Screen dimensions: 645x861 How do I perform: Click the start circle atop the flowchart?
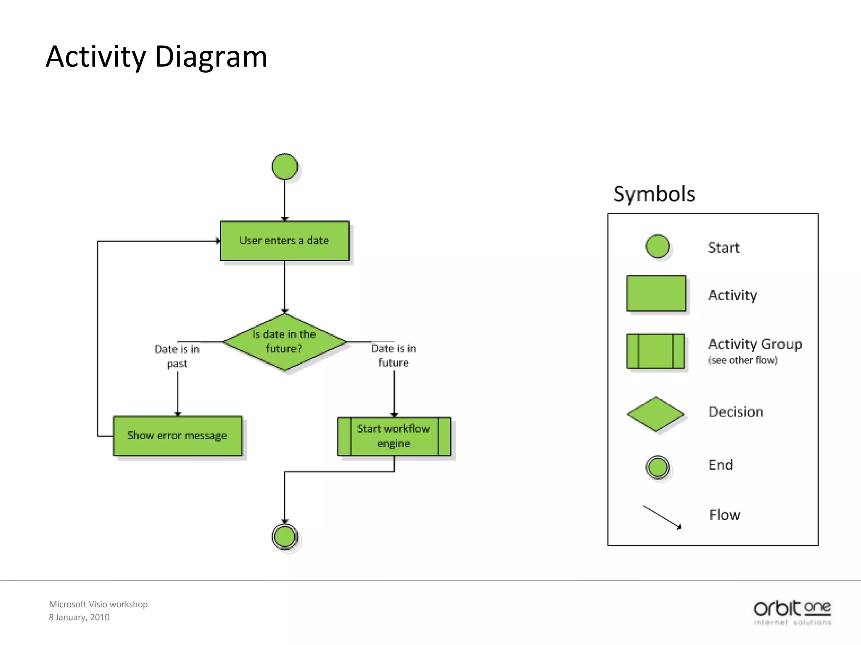tap(285, 167)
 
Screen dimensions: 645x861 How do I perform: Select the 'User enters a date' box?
tap(285, 241)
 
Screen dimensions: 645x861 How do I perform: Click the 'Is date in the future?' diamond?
tap(285, 342)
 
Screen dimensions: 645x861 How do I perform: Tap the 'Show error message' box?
tap(177, 436)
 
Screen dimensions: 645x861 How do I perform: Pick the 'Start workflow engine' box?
tap(394, 436)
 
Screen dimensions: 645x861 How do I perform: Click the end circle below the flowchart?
tap(285, 537)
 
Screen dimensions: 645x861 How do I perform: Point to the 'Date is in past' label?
tap(177, 356)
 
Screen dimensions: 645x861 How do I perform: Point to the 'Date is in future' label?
tap(394, 355)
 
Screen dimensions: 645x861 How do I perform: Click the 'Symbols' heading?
tap(654, 194)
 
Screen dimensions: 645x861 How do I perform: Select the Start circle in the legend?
tap(657, 246)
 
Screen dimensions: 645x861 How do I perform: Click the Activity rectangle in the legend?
tap(656, 293)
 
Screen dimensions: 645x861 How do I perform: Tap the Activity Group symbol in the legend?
tap(655, 351)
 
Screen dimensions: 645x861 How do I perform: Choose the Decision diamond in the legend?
tap(655, 414)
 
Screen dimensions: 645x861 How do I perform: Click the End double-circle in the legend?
tap(657, 467)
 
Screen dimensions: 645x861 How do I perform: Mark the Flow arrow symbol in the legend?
tap(662, 517)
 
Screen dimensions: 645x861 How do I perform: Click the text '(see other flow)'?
tap(743, 360)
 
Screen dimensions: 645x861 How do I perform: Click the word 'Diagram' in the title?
tap(211, 57)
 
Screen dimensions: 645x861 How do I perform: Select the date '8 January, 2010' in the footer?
tap(79, 617)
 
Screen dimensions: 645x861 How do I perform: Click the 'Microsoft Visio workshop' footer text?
tap(98, 604)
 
